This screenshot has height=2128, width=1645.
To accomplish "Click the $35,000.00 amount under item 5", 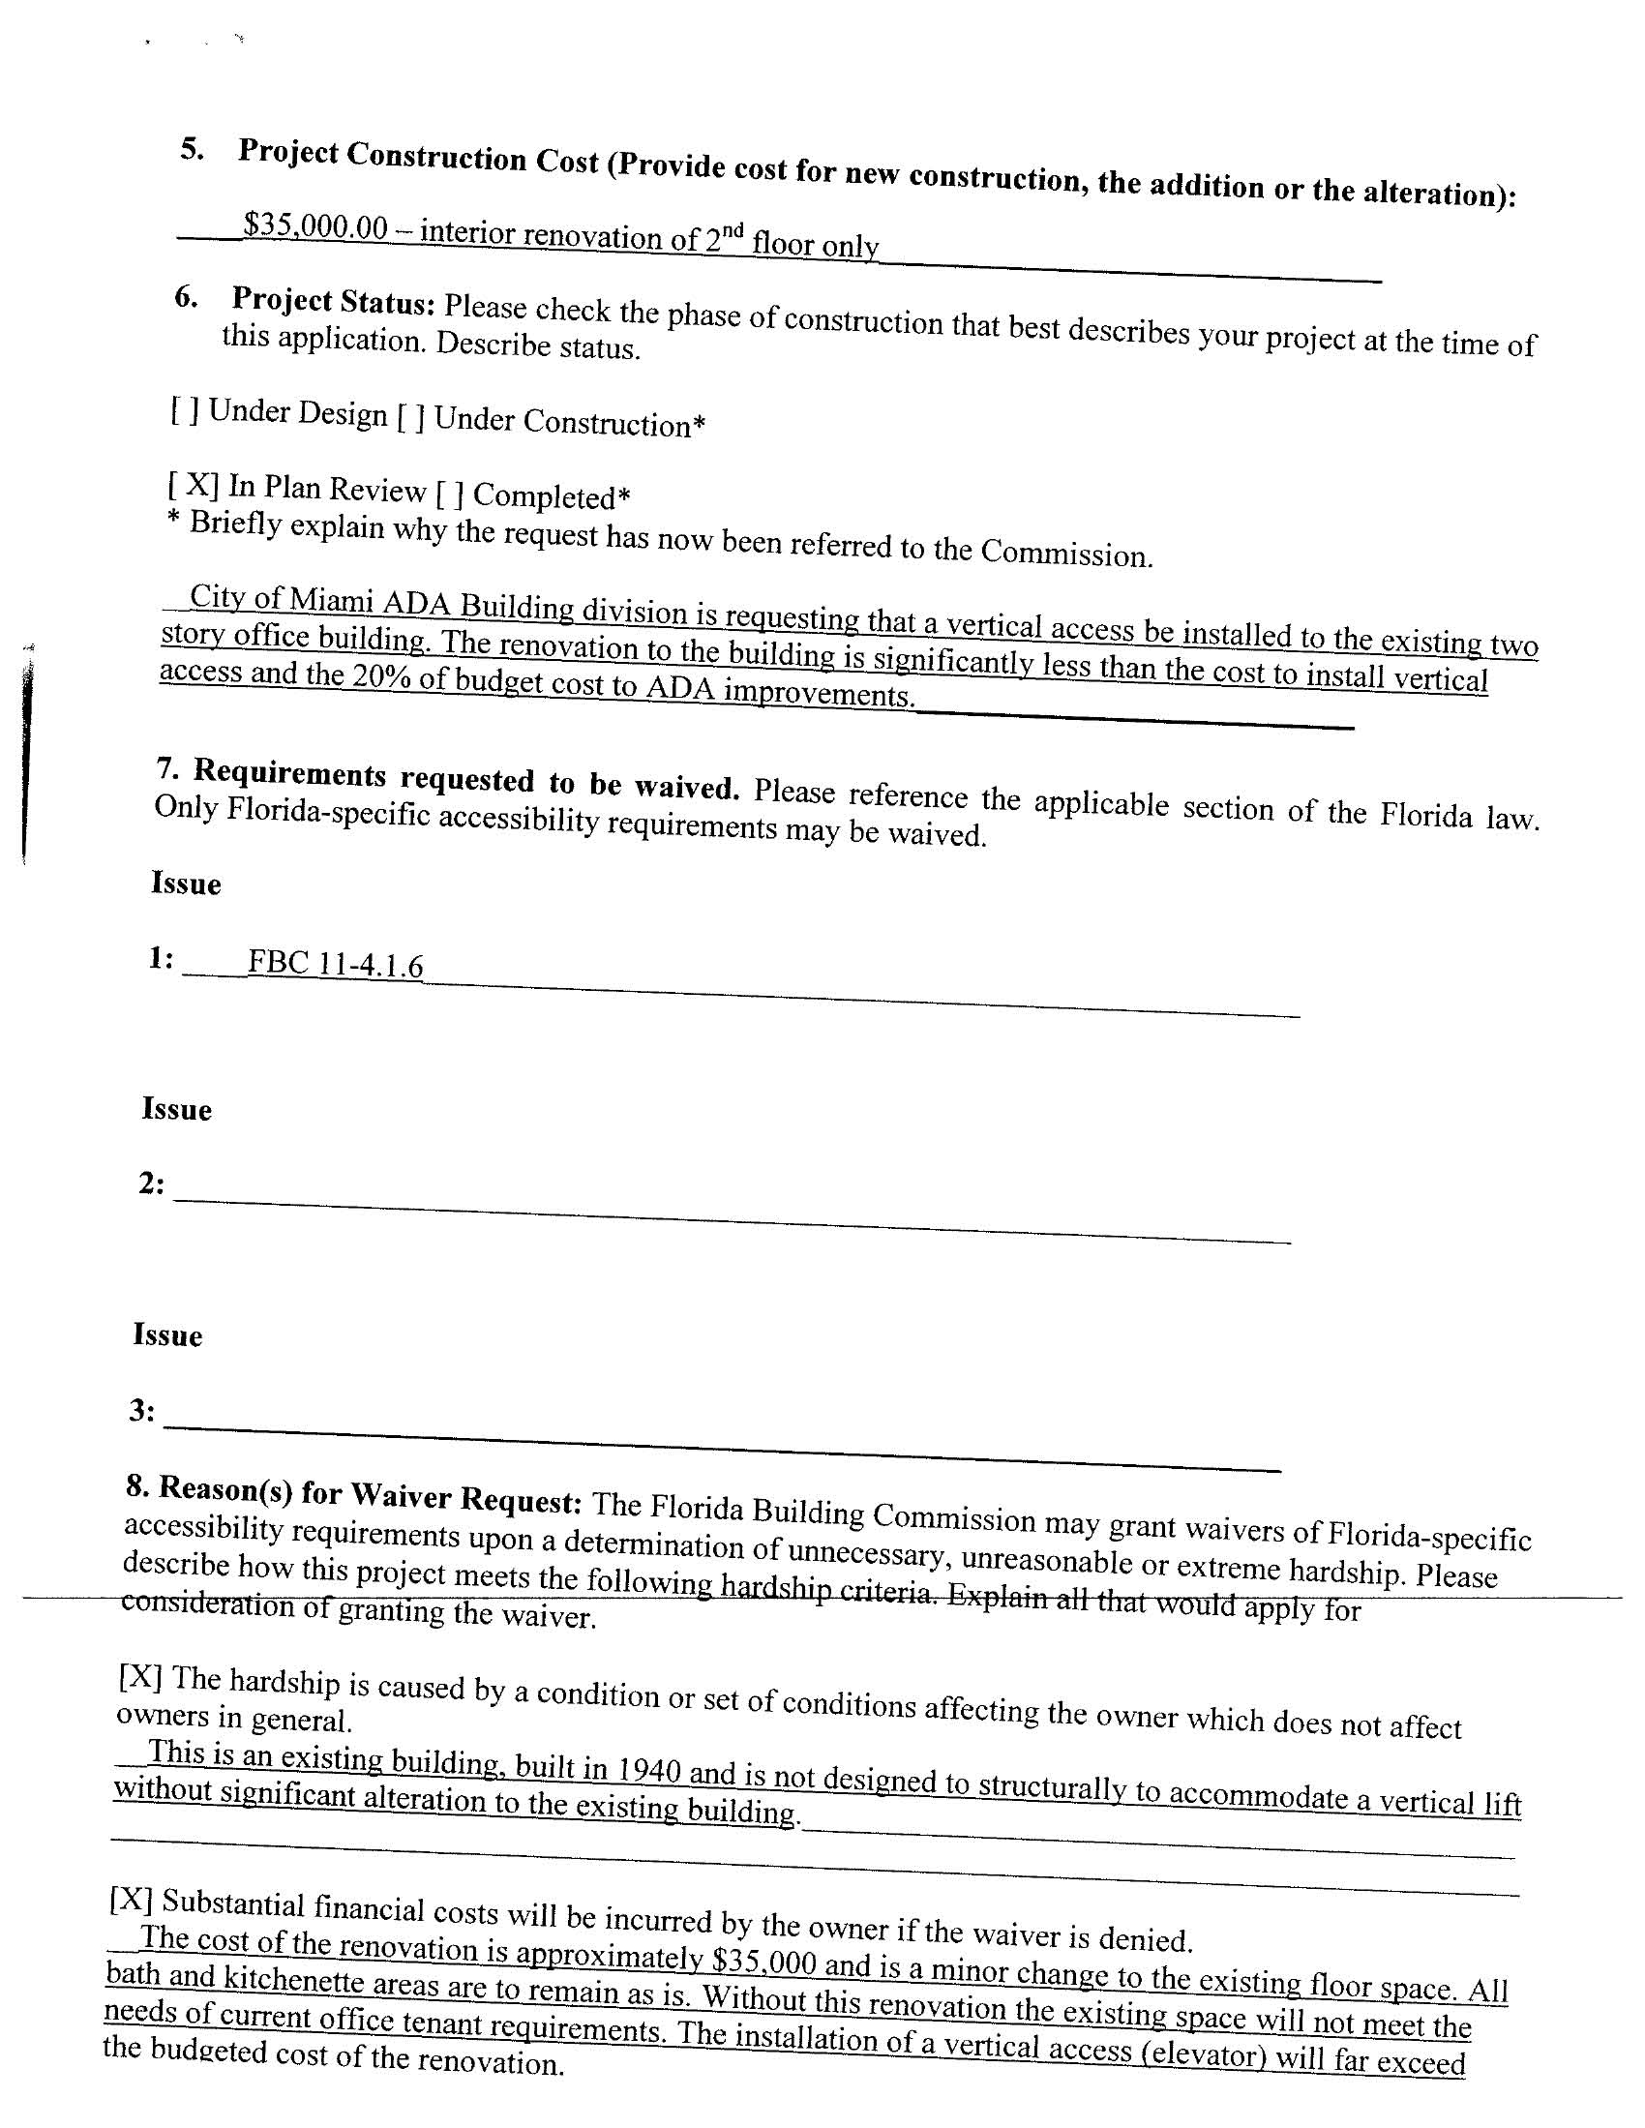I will (315, 227).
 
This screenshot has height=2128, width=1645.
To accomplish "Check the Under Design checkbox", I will (185, 410).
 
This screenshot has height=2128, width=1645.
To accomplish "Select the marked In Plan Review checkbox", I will (193, 484).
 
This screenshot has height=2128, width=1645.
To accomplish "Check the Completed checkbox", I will (449, 494).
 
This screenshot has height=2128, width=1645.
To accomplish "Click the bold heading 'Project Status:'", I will (332, 301).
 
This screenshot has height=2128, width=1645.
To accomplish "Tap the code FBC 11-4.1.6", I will (335, 964).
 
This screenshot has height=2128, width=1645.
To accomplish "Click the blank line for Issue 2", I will (731, 1218).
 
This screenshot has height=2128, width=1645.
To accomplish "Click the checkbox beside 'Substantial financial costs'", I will (132, 1899).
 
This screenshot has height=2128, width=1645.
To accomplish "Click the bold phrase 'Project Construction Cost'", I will (418, 156).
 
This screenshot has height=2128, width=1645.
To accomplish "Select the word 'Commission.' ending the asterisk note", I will (1066, 553).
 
